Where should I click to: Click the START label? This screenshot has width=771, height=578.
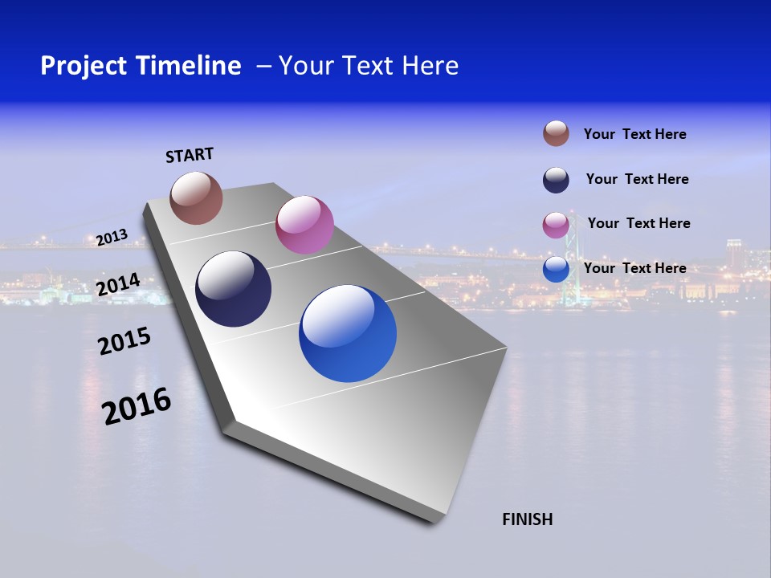pyautogui.click(x=190, y=155)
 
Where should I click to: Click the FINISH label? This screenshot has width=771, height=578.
pyautogui.click(x=527, y=519)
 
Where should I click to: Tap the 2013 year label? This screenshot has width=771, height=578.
pyautogui.click(x=112, y=237)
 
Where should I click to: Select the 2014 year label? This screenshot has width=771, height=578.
pyautogui.click(x=118, y=285)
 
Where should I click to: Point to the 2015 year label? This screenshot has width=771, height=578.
pyautogui.click(x=124, y=341)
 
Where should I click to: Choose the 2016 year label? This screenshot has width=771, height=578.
pyautogui.click(x=137, y=406)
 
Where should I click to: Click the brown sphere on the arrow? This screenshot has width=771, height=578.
pyautogui.click(x=196, y=197)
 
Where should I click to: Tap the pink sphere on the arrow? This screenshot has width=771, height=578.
pyautogui.click(x=304, y=225)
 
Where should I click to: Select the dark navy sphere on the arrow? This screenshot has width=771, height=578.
pyautogui.click(x=234, y=289)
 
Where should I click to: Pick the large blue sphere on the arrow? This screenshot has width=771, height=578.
pyautogui.click(x=348, y=333)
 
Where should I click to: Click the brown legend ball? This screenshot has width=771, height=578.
pyautogui.click(x=556, y=133)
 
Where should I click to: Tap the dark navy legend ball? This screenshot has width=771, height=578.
pyautogui.click(x=556, y=180)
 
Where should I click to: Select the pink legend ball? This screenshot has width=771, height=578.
pyautogui.click(x=556, y=225)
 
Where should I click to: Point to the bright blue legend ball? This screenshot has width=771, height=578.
pyautogui.click(x=556, y=269)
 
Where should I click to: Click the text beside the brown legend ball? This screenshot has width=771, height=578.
pyautogui.click(x=634, y=134)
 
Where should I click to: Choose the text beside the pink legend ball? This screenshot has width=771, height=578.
pyautogui.click(x=638, y=223)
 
